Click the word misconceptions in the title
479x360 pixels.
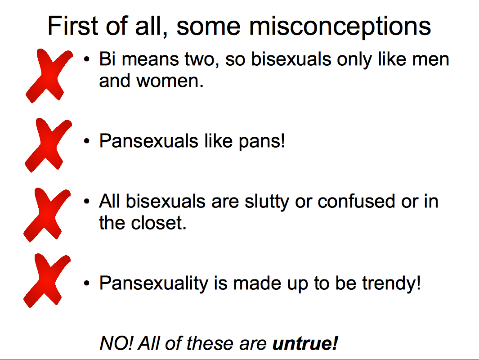coord(340,27)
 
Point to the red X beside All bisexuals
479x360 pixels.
coord(46,215)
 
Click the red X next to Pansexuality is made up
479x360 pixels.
coord(46,280)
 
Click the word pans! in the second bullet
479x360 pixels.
coord(262,141)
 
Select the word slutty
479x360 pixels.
coord(267,202)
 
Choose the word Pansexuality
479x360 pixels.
coord(154,283)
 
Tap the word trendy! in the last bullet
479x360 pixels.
coord(392,283)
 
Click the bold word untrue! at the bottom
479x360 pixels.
coord(305,343)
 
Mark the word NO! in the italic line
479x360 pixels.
coord(116,343)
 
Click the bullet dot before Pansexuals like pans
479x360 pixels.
coord(87,141)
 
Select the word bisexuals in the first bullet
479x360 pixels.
coord(291,58)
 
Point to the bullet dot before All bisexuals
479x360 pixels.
coord(87,202)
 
